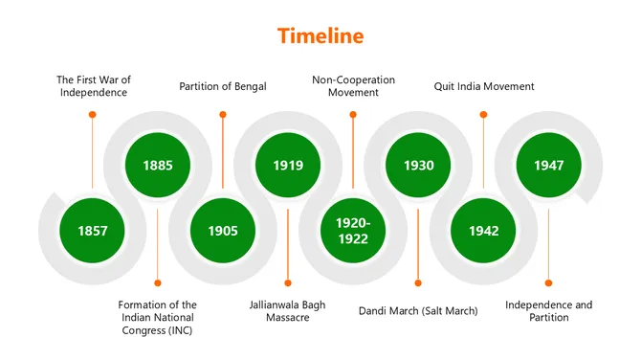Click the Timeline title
click(320, 36)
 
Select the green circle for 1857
click(93, 231)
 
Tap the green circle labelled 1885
click(158, 165)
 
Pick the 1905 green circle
click(223, 231)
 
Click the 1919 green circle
click(288, 165)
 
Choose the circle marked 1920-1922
click(352, 231)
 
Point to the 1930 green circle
click(418, 165)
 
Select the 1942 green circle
click(483, 231)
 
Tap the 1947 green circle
click(548, 165)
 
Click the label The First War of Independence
click(92, 86)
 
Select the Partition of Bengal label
click(223, 86)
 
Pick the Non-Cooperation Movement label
click(353, 86)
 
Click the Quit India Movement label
click(484, 86)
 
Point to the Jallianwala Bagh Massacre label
click(288, 311)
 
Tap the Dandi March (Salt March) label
click(418, 310)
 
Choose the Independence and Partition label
click(548, 311)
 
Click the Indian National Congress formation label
click(158, 318)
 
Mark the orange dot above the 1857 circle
click(93, 114)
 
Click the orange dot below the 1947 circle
click(548, 282)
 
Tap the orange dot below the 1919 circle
click(288, 282)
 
